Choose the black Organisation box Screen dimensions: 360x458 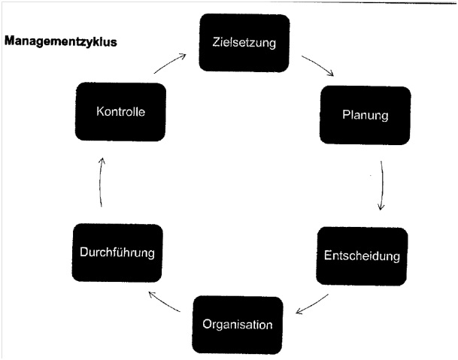pyautogui.click(x=238, y=324)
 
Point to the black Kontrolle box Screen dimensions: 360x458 pyautogui.click(x=120, y=113)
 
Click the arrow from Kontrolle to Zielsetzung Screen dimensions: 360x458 pyautogui.click(x=172, y=62)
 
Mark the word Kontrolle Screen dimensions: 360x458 pyautogui.click(x=120, y=113)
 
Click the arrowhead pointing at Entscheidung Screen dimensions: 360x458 pyautogui.click(x=381, y=206)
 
